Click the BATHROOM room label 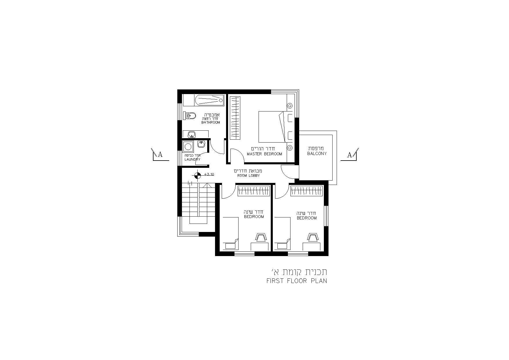point(211,123)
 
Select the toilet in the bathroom point(189,116)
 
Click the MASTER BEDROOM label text point(264,154)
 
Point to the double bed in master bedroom point(272,127)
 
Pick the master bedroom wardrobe point(235,118)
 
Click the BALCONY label point(317,154)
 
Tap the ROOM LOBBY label point(248,176)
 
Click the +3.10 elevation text point(209,174)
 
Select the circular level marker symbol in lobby point(197,175)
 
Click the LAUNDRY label point(192,159)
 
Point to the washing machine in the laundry point(188,146)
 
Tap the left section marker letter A point(160,154)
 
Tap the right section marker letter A point(349,155)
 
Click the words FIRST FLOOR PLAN point(297,281)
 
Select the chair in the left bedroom point(261,237)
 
